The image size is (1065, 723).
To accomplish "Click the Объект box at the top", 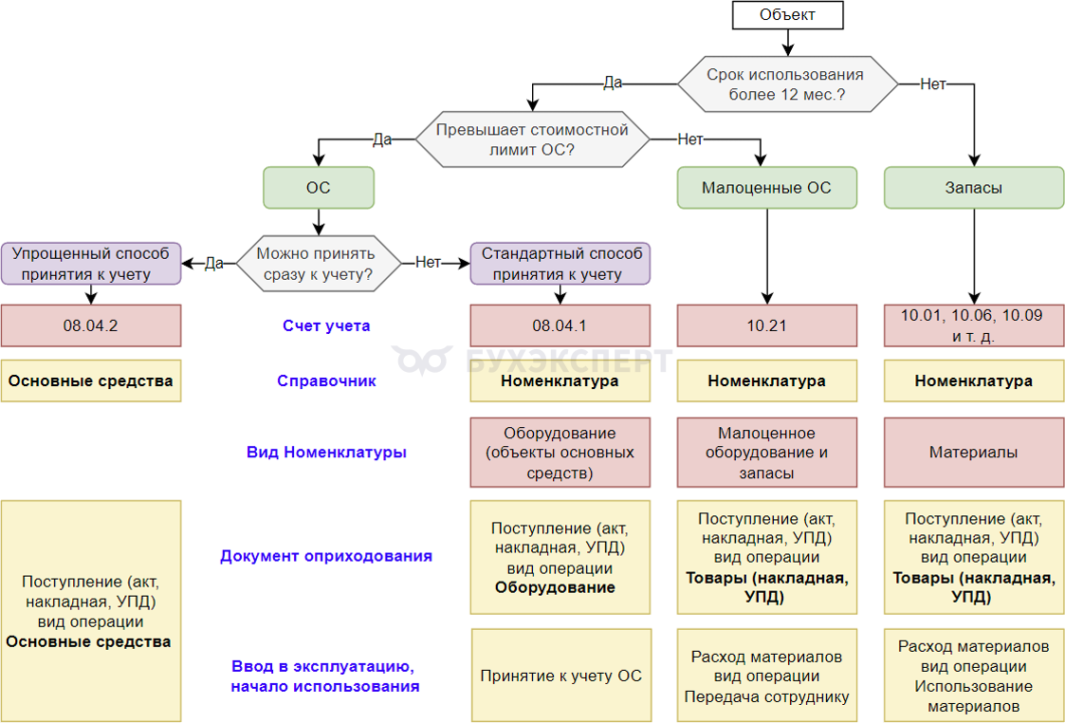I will coord(787,15).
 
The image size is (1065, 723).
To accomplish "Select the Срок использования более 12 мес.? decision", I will coord(787,84).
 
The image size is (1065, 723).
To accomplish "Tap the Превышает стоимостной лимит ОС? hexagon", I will coord(532,139).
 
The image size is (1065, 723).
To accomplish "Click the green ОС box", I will coord(319,188).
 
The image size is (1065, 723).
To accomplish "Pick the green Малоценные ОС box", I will coord(766,188).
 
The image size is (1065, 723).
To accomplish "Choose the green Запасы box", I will coord(973,188).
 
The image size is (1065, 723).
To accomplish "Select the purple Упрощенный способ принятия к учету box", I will coord(91,263).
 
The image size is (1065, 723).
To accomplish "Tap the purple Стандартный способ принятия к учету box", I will coord(560,263).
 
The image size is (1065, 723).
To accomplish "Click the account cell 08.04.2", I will coord(91,325).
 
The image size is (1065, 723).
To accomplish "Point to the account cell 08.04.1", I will coord(560,325).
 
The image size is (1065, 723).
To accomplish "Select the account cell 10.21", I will coord(766,325).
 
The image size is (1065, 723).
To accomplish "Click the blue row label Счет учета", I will coord(326,325).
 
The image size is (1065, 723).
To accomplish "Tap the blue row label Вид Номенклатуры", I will coord(326,453).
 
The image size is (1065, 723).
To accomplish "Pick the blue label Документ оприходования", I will coord(326,556).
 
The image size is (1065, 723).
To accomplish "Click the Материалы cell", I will coord(973,453).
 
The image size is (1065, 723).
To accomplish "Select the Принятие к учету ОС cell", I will coord(560,676).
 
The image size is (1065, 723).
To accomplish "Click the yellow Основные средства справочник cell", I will coord(91,381).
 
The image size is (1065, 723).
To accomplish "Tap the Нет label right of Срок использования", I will coord(933,84).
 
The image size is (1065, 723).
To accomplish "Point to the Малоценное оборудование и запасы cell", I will coord(766,453).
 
